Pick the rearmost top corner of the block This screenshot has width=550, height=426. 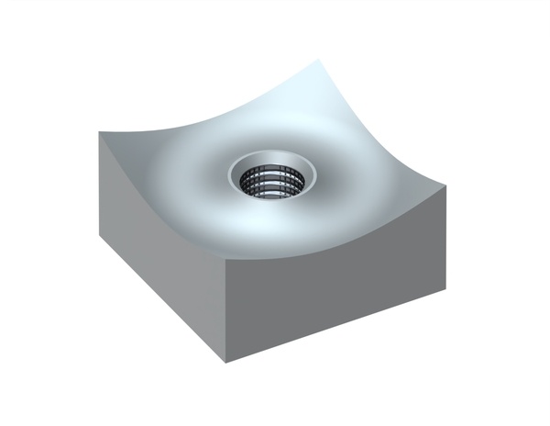(x=318, y=61)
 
